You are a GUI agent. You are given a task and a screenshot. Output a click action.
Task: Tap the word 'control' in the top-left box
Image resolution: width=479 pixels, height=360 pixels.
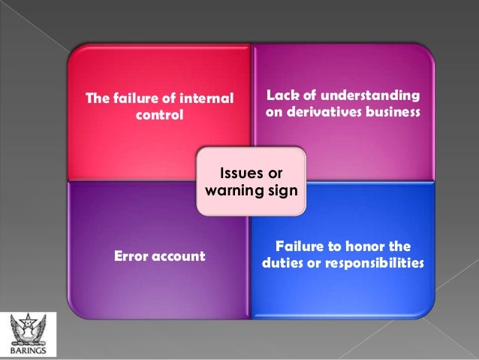point(158,116)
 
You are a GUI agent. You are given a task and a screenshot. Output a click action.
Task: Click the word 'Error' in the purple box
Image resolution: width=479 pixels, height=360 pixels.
point(132,256)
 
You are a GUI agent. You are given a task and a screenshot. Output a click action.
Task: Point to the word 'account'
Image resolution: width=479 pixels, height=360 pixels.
point(179,256)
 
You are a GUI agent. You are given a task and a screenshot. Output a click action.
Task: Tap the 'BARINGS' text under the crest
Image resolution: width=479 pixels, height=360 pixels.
point(28,349)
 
